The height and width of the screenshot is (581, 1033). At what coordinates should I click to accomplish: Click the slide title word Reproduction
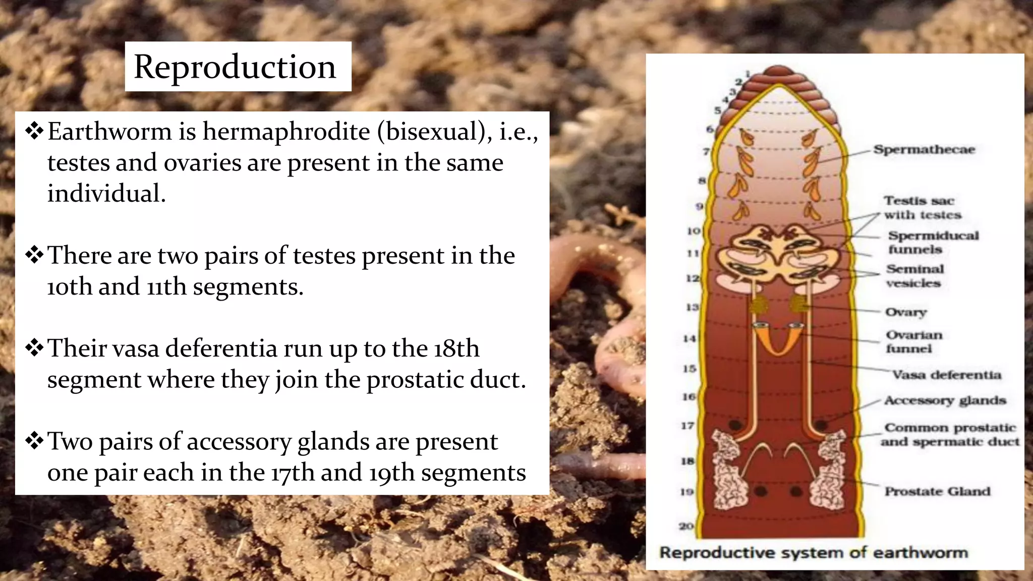coord(235,67)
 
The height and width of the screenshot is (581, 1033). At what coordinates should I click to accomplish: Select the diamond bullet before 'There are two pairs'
coord(34,255)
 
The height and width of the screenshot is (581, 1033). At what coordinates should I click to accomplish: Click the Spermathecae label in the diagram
coord(924,149)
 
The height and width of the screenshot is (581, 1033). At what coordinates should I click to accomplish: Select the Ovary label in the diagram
coord(906,312)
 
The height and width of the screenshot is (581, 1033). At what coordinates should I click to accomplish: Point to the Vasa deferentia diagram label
coord(946,375)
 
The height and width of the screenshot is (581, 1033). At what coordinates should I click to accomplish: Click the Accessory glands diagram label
coord(945,400)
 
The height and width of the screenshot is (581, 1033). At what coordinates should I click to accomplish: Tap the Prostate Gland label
coord(937,491)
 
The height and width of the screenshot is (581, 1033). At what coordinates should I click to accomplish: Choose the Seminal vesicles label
coord(914,276)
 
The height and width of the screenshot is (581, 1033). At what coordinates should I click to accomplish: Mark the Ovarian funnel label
coord(913,341)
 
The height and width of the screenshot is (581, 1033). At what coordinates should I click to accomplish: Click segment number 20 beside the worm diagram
coord(686,526)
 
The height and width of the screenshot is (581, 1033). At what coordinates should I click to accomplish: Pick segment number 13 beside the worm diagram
coord(692,307)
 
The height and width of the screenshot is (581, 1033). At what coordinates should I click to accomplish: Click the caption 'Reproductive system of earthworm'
coord(814,553)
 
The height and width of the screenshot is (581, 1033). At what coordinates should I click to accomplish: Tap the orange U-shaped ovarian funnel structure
coord(779,339)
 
